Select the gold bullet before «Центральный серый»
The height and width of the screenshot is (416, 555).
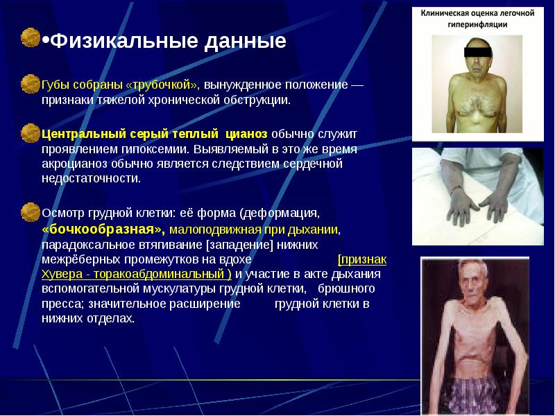click(30, 132)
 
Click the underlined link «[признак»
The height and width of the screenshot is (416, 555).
click(361, 259)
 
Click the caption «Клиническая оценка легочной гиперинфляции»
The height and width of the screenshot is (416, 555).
click(475, 18)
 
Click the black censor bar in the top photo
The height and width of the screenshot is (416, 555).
click(477, 51)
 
